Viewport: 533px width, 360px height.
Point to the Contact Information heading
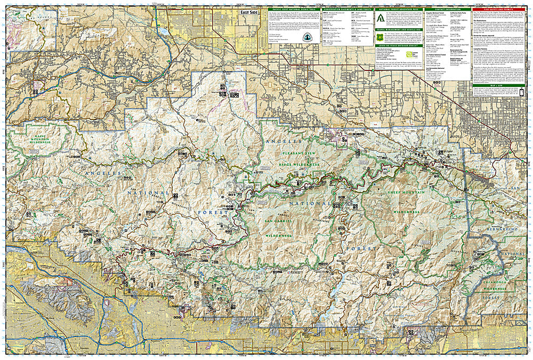(447, 9)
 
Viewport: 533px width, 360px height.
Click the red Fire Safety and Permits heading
(490, 9)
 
